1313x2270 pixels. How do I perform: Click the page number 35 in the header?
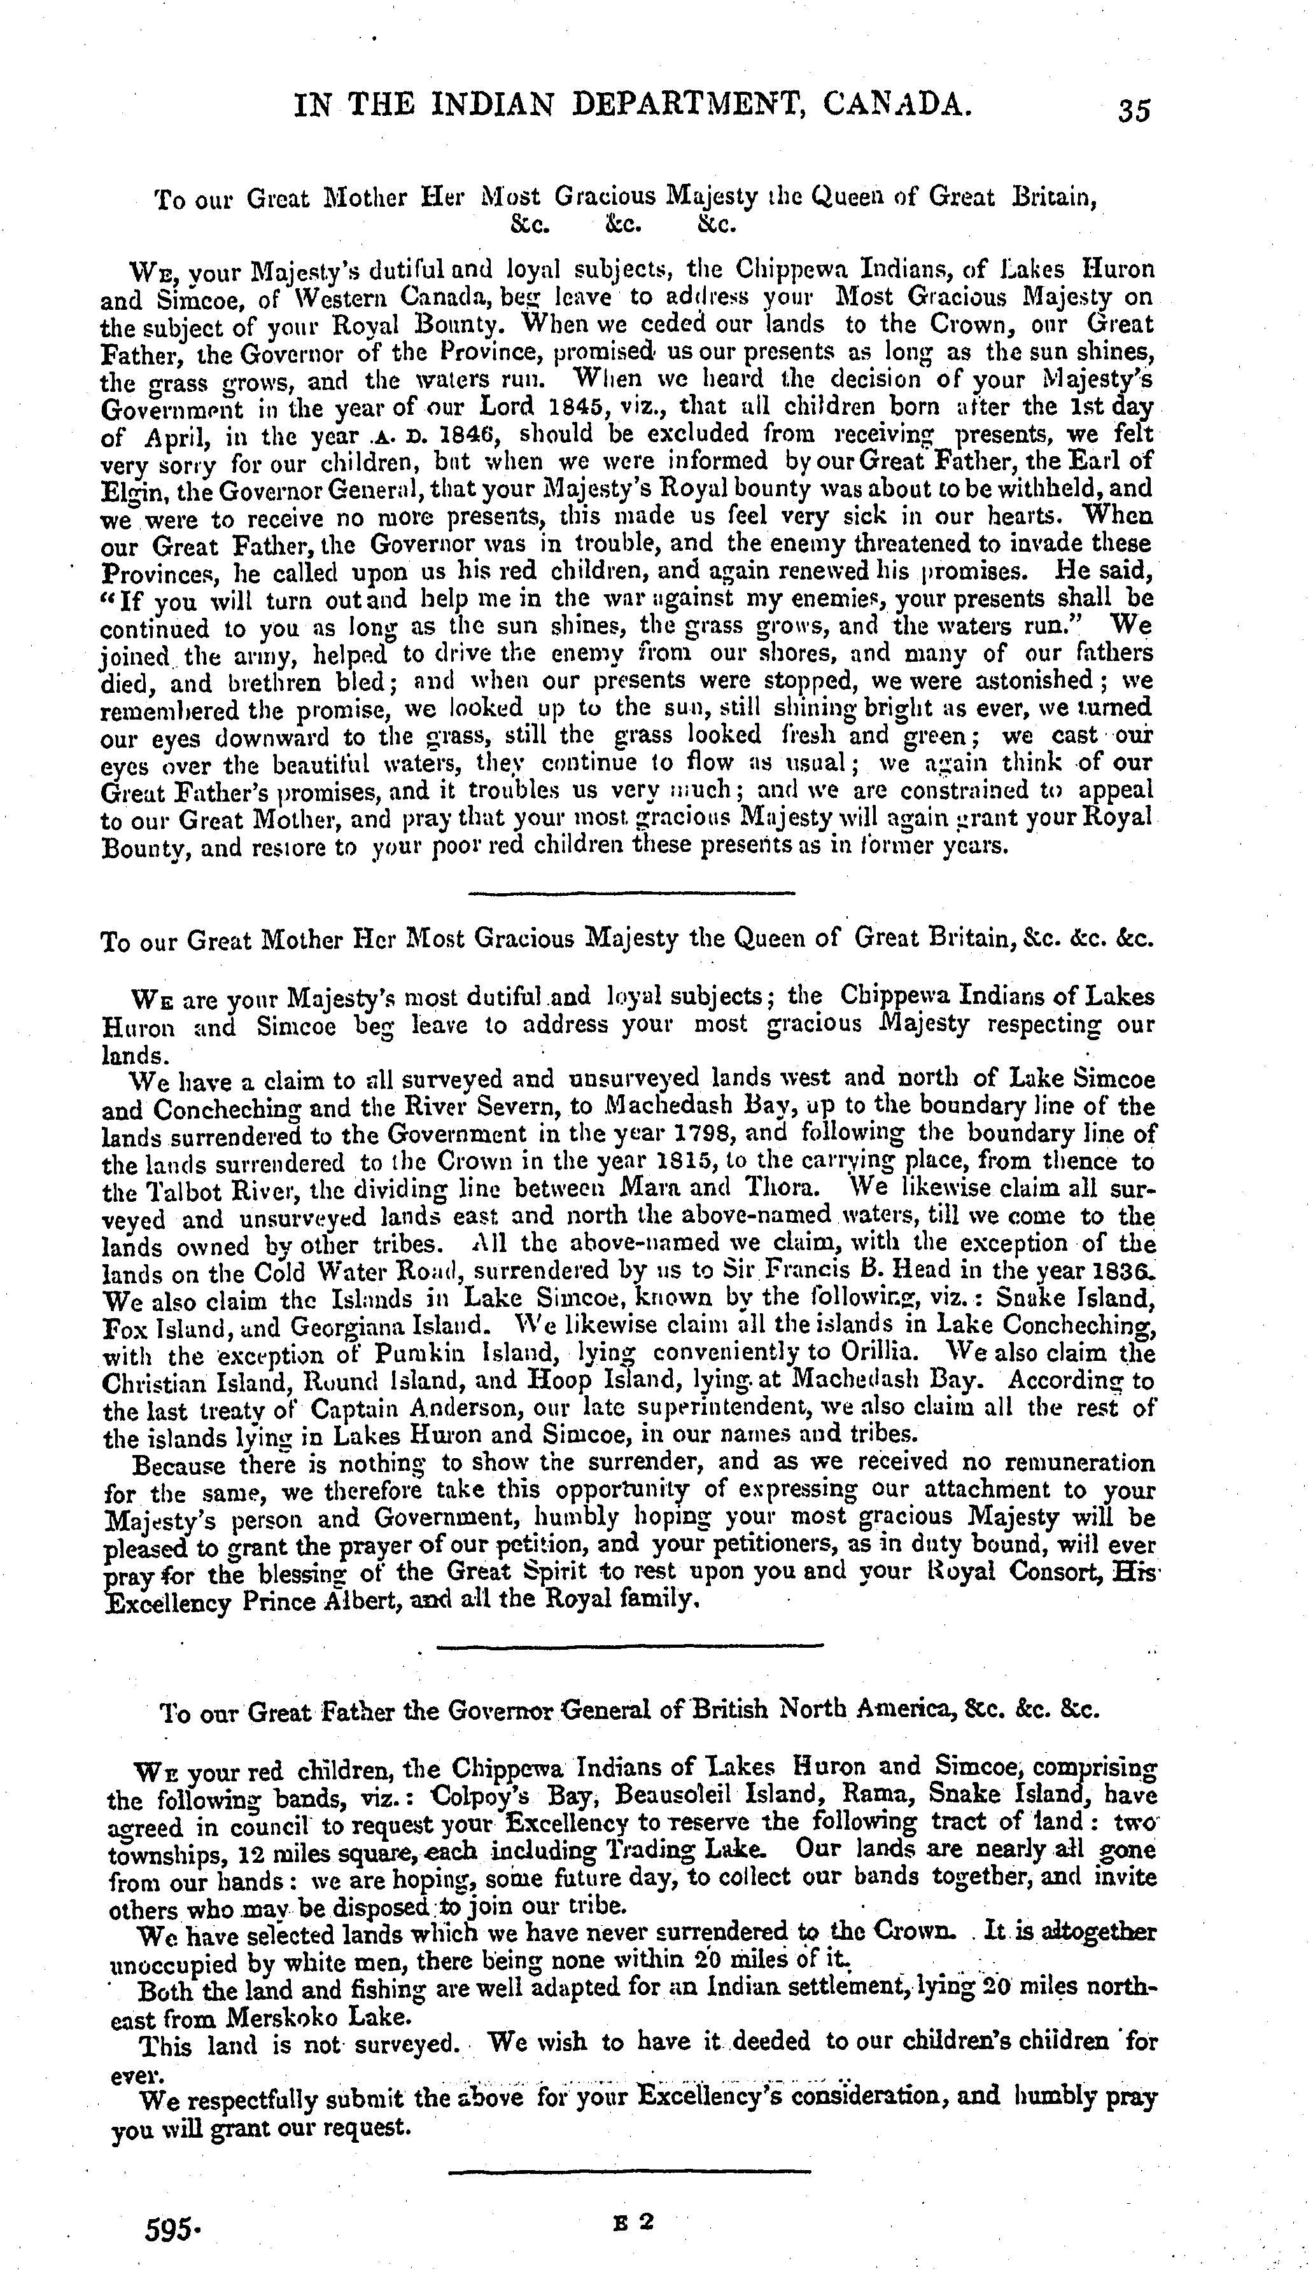[1134, 110]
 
